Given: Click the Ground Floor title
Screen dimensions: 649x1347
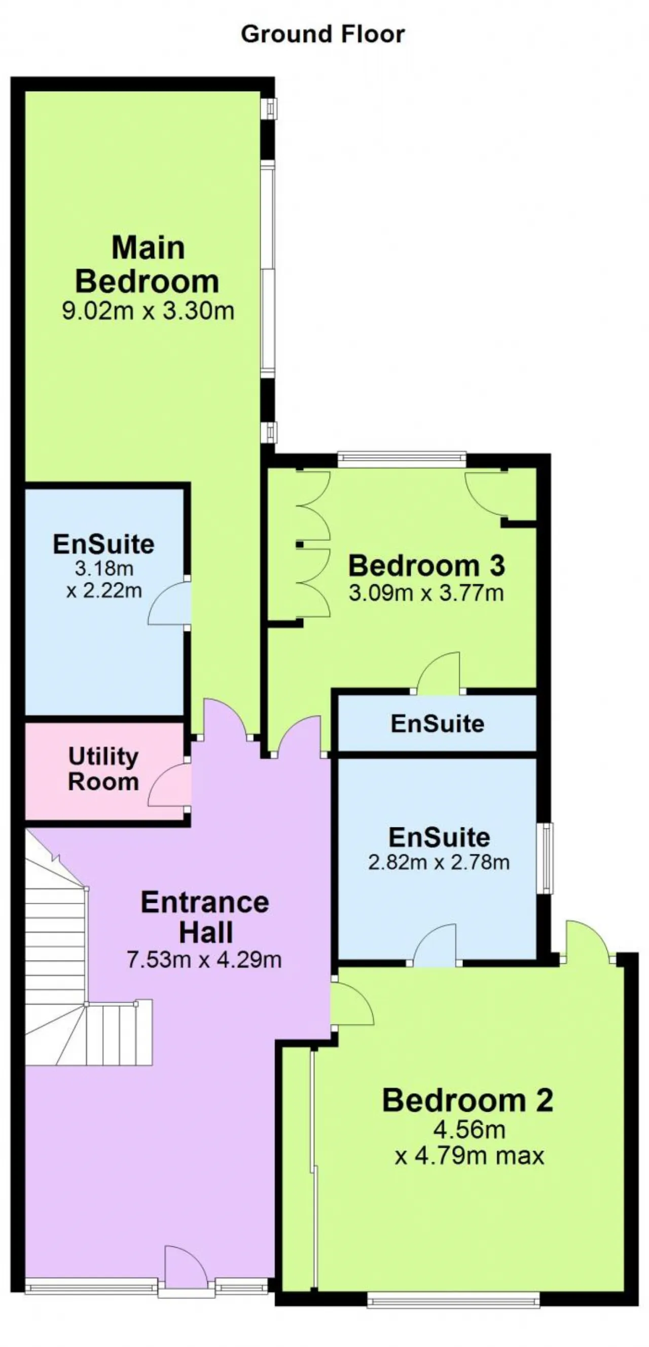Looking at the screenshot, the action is [x=322, y=34].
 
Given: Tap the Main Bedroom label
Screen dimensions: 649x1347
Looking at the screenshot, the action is [x=147, y=264].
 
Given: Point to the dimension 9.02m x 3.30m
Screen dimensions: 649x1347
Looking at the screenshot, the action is [x=148, y=311].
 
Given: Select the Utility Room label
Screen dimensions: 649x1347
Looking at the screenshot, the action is [x=103, y=769].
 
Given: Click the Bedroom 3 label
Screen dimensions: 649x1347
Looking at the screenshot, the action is [x=426, y=566].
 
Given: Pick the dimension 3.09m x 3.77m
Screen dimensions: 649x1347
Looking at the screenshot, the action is [x=426, y=593].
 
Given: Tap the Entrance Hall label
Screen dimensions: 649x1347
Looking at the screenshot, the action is [x=205, y=918].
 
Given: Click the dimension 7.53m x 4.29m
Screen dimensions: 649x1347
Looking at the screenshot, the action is [x=204, y=960].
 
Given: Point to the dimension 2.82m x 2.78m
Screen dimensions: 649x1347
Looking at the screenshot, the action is [x=439, y=862].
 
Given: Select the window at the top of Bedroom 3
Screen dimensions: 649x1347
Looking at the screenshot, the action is [x=402, y=459].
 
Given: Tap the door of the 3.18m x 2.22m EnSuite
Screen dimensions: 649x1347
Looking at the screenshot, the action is [x=169, y=603].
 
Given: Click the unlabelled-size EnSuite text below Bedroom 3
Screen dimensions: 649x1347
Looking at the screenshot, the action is [x=438, y=724].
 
